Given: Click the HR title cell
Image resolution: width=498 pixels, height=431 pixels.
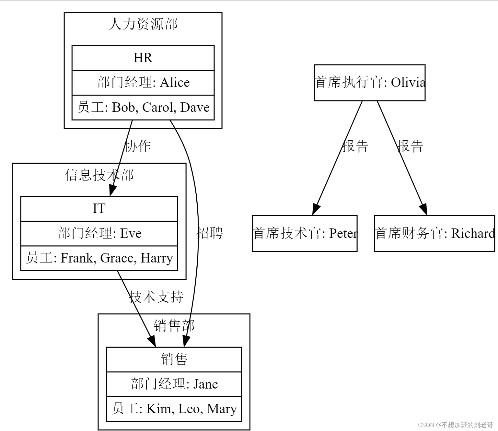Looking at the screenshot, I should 143,58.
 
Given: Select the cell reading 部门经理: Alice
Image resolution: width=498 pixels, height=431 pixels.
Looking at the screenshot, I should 143,83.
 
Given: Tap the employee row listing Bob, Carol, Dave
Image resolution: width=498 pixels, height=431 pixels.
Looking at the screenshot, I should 143,108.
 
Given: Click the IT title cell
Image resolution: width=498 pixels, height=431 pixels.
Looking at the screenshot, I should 99,209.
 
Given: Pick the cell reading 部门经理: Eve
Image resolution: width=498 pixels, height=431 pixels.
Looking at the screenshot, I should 99,233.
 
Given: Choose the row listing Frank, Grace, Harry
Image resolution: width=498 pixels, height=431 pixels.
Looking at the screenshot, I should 99,258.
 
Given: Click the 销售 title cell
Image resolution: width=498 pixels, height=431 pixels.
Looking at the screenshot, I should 174,359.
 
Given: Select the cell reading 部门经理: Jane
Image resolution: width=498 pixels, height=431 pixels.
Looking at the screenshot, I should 174,384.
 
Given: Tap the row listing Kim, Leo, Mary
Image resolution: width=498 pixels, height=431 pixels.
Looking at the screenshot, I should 174,409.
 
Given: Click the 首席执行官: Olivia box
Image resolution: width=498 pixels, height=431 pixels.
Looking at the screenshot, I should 369,83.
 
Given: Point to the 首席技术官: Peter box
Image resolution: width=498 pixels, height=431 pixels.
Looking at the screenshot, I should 305,233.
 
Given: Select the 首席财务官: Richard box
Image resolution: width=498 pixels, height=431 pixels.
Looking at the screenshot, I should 434,233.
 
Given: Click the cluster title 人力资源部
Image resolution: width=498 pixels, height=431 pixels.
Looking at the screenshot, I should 143,24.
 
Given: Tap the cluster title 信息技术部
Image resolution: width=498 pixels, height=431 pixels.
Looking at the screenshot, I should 99,175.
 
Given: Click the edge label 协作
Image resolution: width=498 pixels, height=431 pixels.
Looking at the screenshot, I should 138,146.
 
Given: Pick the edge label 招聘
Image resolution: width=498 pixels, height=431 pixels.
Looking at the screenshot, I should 210,233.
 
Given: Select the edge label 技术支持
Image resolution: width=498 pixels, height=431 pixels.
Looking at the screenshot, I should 156,297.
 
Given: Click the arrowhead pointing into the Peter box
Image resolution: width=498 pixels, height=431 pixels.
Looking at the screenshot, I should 316,209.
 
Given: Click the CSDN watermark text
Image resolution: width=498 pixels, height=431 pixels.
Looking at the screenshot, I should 455,425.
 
